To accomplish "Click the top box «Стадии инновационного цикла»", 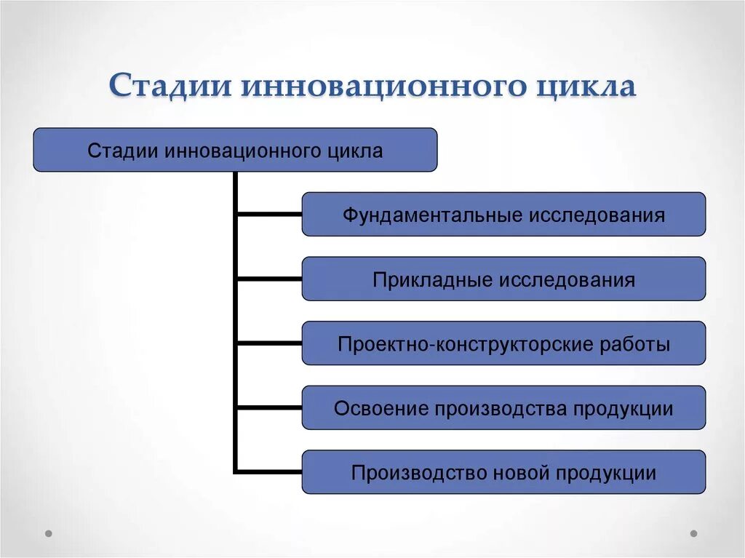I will point(235,150).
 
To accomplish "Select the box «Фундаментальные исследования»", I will point(503,215).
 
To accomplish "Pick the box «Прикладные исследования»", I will point(503,279).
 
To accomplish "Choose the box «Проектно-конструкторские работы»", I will point(503,343).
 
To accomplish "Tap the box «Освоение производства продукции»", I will point(503,408).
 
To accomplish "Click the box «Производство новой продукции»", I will point(503,473).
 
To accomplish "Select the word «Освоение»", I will point(381,408).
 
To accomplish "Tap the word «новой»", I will point(517,473).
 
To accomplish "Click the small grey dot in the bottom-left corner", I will point(49,533).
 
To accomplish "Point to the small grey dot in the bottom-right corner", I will point(693,533).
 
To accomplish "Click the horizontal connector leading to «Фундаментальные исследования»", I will point(269,214).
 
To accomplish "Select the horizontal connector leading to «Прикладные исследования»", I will point(269,279).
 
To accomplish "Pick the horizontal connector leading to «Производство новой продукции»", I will point(269,472).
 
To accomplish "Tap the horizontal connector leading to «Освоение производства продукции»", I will point(269,407).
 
